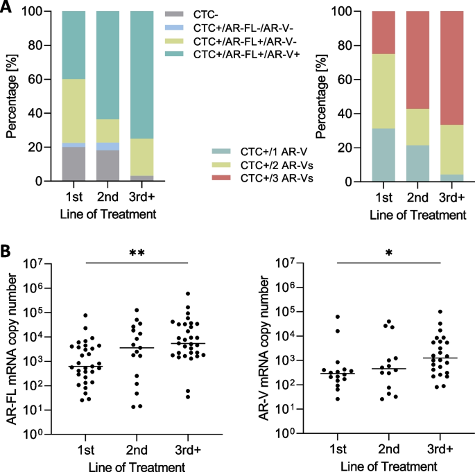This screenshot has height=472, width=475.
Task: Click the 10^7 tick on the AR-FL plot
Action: point(39,264)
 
